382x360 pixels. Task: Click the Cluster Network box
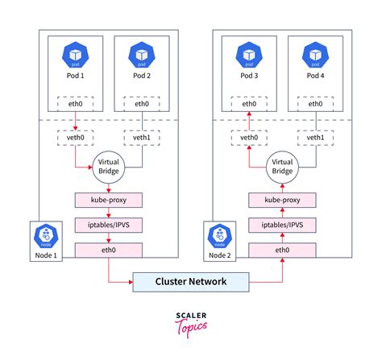point(191,282)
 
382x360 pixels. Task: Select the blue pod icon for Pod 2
point(142,56)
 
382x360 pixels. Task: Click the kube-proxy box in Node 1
point(108,200)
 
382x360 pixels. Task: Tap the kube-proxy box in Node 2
point(283,200)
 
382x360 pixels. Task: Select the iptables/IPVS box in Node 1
point(108,226)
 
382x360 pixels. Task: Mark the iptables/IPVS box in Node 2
point(283,226)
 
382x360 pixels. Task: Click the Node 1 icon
point(46,237)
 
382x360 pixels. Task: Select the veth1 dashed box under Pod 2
point(142,138)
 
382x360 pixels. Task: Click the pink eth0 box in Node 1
point(108,250)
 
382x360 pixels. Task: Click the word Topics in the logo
point(191,326)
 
